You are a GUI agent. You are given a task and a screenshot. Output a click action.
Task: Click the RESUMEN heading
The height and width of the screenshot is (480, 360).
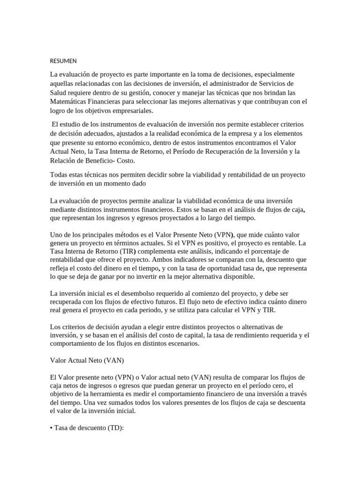point(63,61)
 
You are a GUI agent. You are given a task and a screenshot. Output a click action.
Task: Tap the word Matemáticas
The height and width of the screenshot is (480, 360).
point(70,101)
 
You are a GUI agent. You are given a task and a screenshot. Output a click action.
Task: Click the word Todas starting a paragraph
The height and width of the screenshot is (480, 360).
point(59,174)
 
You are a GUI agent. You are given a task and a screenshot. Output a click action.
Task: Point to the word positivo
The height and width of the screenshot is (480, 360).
point(217,243)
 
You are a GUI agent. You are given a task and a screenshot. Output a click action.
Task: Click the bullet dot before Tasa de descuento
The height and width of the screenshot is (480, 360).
point(51,427)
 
